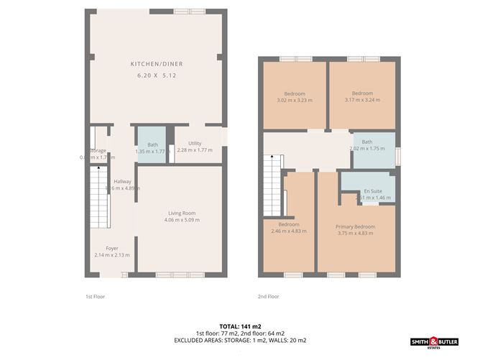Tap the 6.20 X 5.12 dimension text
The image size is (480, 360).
pos(156,75)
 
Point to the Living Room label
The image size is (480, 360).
pos(183,213)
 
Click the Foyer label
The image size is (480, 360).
pos(111,249)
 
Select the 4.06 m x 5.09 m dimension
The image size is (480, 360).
pos(183,219)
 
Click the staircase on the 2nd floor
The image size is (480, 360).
pos(272,183)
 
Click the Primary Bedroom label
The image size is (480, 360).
pos(356,226)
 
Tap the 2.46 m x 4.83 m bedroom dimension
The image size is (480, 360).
pos(289,231)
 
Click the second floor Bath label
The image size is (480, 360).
pos(367,142)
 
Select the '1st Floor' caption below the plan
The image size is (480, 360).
pos(95,296)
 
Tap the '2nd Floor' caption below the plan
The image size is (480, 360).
pos(269,296)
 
